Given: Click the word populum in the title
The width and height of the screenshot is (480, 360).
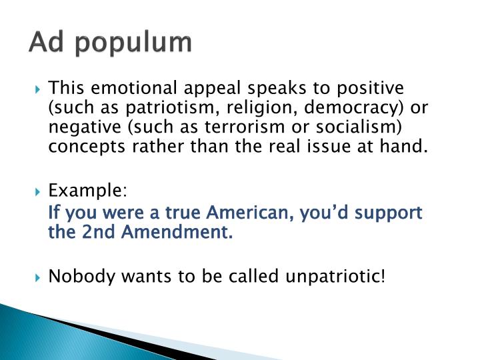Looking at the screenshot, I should click(137, 43).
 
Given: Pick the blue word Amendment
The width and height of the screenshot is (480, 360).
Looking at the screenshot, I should click(171, 233).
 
